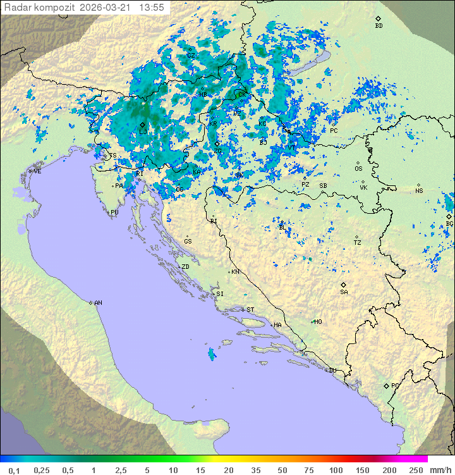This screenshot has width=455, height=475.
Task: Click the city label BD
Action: [379, 26]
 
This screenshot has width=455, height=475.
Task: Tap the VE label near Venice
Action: [37, 171]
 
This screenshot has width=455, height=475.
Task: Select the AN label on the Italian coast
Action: [98, 303]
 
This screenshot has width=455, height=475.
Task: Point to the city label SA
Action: [344, 292]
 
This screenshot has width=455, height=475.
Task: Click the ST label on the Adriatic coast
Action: [250, 310]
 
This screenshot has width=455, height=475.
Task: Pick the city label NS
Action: [419, 191]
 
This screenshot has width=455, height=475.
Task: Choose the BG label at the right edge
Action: [449, 224]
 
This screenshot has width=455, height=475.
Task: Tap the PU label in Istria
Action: [114, 213]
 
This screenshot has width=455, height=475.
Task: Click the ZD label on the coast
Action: [185, 267]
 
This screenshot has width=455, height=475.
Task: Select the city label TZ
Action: [358, 243]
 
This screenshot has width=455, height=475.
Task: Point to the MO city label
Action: [318, 322]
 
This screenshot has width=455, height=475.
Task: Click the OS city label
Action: [358, 169]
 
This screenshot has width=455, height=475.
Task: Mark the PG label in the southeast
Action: [395, 385]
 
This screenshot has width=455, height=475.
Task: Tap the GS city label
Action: [188, 242]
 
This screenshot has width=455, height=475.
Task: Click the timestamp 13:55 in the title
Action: [152, 8]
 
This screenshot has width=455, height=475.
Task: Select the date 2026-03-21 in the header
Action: [107, 8]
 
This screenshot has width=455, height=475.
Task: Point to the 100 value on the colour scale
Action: [336, 470]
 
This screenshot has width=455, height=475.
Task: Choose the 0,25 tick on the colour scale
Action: [42, 470]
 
